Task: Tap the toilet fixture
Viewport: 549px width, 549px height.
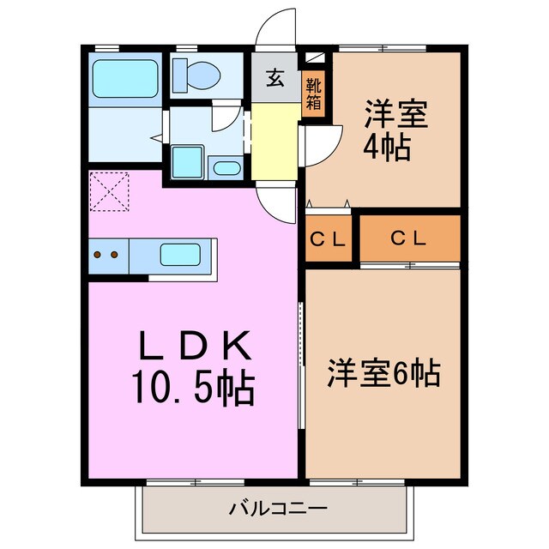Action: click(196, 75)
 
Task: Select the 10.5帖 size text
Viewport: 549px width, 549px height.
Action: click(192, 388)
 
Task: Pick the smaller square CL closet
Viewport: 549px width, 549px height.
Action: click(328, 239)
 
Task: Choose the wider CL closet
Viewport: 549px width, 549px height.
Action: click(409, 238)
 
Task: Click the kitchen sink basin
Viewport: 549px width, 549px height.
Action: click(183, 255)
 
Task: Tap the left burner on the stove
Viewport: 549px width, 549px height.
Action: click(99, 255)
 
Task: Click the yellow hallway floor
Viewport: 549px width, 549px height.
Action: click(274, 142)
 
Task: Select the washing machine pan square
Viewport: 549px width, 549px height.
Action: click(186, 161)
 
